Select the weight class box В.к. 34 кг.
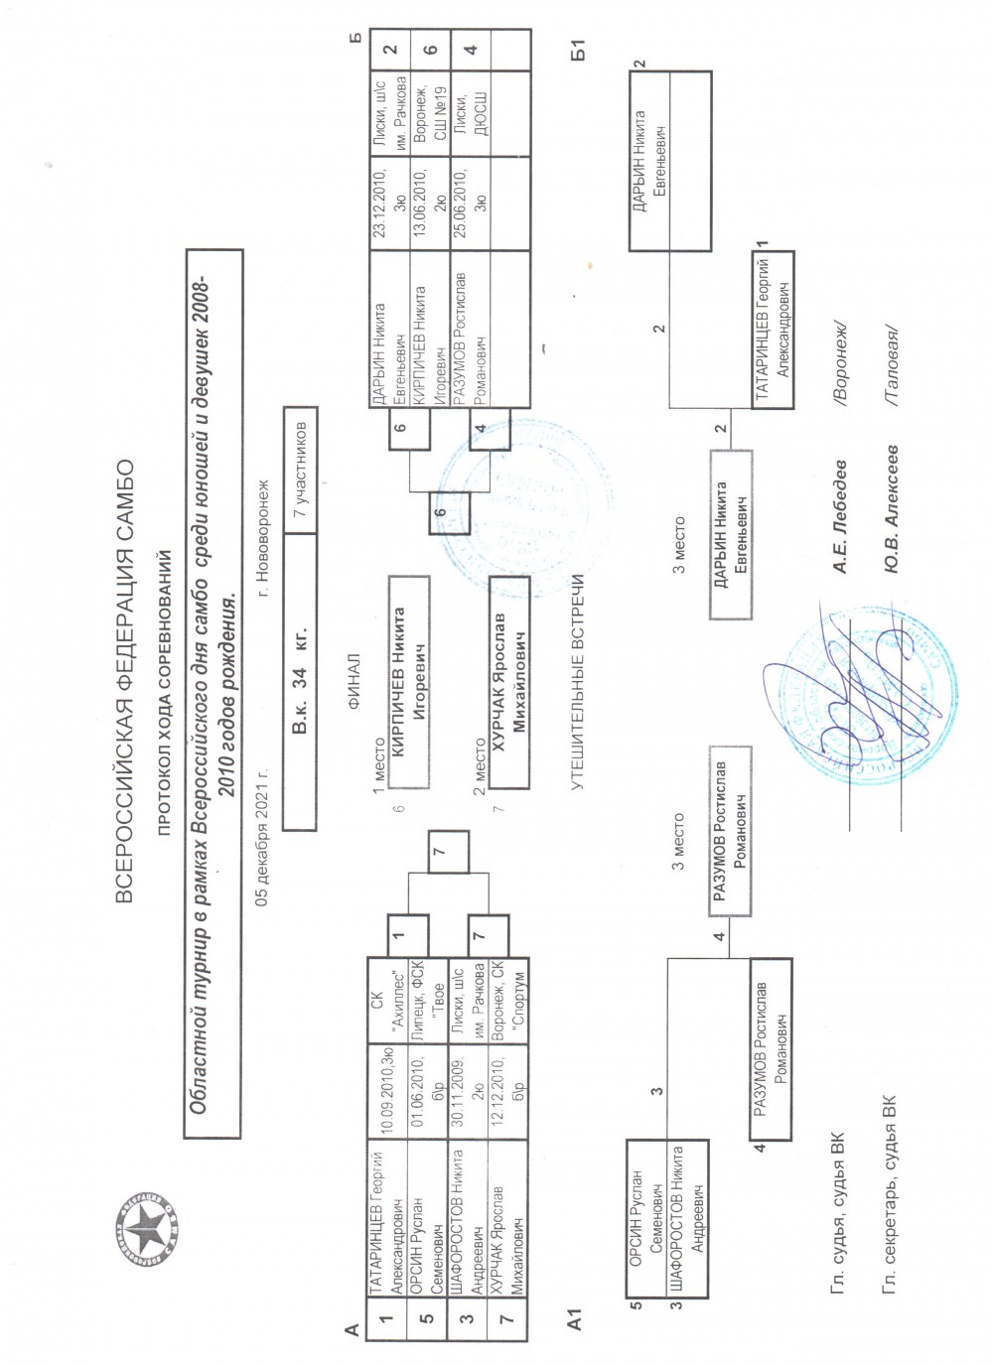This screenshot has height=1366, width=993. (x=300, y=679)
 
